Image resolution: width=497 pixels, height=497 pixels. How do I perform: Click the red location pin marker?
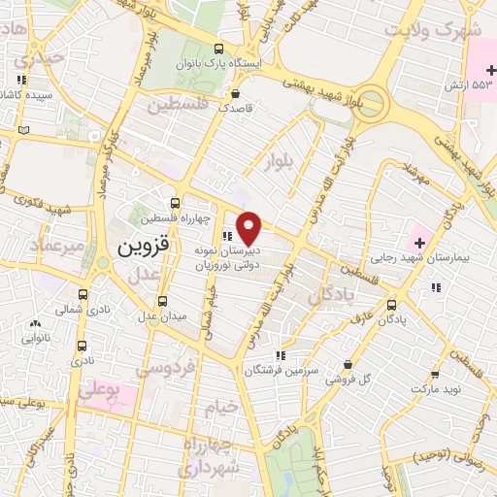[x=249, y=228]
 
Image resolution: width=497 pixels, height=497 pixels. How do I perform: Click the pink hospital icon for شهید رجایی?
[x=419, y=239]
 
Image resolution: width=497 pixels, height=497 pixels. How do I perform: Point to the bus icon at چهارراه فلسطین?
[x=175, y=204]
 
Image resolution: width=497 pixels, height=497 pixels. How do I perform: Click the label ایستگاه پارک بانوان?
[x=218, y=64]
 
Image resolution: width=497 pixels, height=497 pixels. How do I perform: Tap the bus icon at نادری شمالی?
[x=82, y=294]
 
